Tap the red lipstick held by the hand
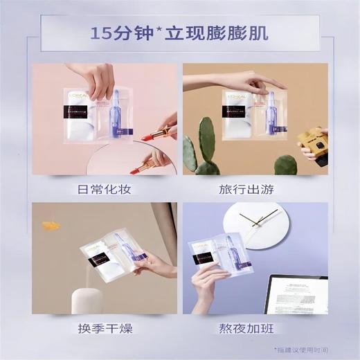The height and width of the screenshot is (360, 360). [x=158, y=132]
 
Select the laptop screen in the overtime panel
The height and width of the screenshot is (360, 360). [x=298, y=294]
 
